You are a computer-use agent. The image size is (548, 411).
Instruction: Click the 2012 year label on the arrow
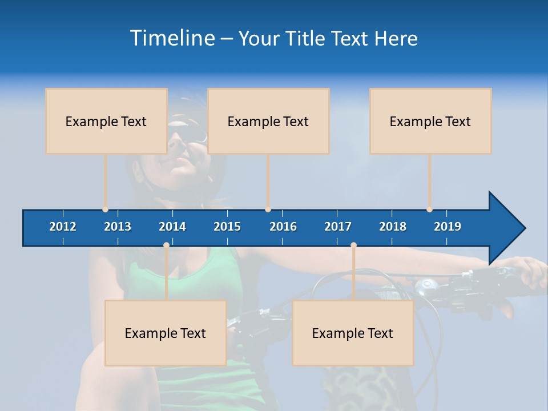(63, 227)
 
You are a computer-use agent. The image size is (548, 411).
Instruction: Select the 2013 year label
(118, 227)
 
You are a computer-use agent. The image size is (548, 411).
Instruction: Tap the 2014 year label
(172, 227)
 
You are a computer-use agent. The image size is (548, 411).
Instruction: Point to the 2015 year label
(227, 227)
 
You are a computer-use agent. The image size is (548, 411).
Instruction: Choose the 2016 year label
(283, 227)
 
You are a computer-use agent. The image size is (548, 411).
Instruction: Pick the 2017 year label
(338, 227)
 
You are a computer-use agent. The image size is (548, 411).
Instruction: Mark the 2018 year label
(393, 227)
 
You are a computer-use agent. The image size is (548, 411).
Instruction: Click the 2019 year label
(448, 227)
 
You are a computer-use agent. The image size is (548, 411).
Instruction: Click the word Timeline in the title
(172, 38)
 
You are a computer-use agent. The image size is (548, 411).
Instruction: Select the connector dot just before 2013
(105, 209)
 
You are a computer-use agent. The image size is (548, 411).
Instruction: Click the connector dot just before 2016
(268, 209)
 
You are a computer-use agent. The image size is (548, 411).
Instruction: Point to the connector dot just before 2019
(429, 209)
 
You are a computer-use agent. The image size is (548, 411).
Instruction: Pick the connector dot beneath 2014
(166, 245)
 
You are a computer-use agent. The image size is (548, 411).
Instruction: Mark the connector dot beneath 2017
(353, 245)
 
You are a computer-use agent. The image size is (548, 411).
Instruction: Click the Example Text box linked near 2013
(106, 121)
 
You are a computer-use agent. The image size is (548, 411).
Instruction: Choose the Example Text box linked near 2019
(430, 121)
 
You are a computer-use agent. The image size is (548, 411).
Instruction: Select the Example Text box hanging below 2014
(166, 333)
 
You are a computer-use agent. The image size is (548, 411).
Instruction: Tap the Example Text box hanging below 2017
(353, 333)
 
